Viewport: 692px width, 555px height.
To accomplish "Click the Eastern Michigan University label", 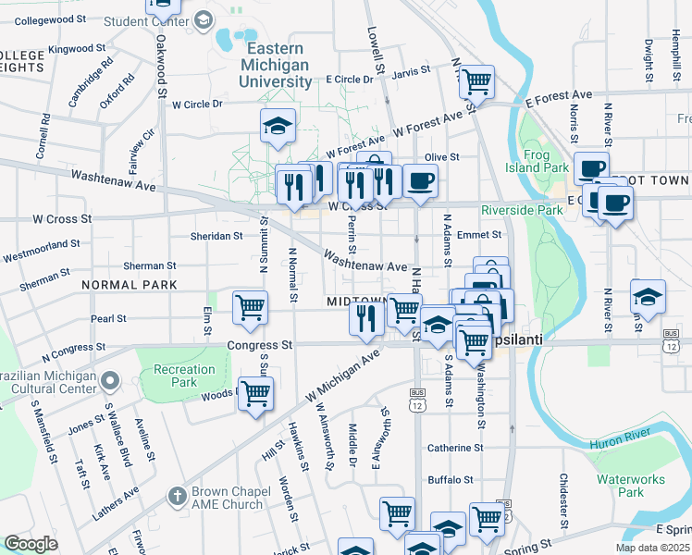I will (x=276, y=65).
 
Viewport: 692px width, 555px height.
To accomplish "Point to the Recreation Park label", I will (x=183, y=376).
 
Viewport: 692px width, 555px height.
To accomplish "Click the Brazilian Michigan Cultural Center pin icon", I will (x=111, y=380).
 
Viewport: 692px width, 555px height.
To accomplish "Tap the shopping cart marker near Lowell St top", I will (x=476, y=81).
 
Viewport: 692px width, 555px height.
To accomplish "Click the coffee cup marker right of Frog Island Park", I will (x=590, y=168).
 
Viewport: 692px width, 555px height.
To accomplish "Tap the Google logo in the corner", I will (x=31, y=544).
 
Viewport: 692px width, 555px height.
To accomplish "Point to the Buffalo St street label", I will (x=450, y=480).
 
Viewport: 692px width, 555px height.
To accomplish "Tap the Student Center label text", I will (x=159, y=20).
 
